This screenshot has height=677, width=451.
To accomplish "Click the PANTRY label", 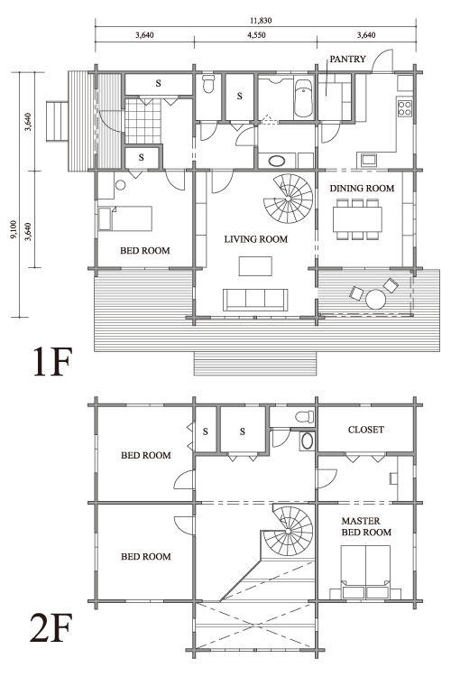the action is [x=347, y=60].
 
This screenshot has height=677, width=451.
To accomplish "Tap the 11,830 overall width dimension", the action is [x=261, y=20].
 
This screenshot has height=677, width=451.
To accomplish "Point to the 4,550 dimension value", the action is [x=256, y=35].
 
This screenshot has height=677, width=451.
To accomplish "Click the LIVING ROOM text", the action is [x=256, y=239].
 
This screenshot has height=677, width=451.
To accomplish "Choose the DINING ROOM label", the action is [x=362, y=189].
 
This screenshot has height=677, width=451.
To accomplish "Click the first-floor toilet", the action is [x=208, y=85].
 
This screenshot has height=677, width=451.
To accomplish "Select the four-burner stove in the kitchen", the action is [x=405, y=108].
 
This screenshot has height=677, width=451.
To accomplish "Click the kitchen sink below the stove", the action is [x=368, y=160].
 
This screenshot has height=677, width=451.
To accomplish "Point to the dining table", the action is [x=357, y=219].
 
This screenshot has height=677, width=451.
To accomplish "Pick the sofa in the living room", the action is [x=255, y=300].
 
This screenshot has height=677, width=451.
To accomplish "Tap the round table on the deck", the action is [x=375, y=299].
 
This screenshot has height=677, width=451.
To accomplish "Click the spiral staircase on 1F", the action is [x=289, y=199].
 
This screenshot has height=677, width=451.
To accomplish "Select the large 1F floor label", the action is [x=51, y=362].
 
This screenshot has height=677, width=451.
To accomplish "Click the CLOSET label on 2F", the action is [x=366, y=430].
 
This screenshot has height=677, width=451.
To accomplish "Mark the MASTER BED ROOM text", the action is [x=366, y=527].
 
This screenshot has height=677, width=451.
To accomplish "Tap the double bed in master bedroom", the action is [x=366, y=572].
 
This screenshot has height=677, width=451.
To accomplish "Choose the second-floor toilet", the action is [x=305, y=417].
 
